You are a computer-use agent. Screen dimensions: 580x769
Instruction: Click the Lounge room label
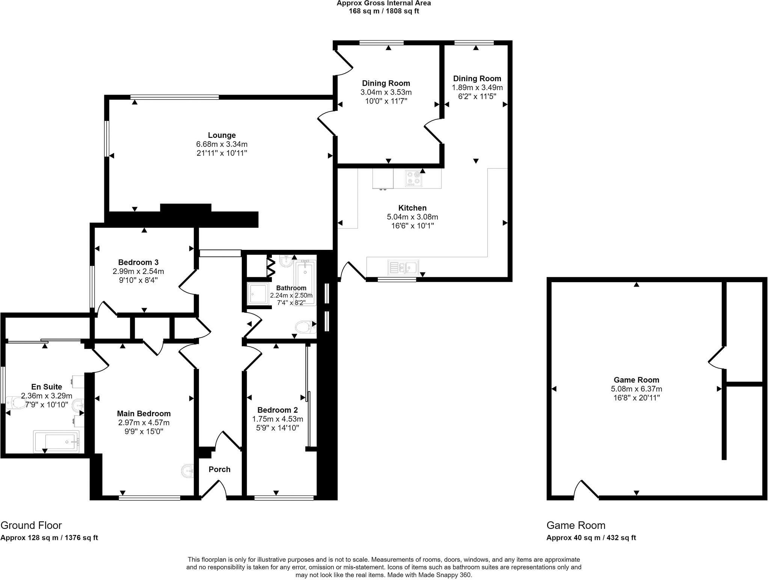coord(222,135)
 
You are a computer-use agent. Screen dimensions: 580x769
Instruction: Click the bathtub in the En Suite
coord(56,441)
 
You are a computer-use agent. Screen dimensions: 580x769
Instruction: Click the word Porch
coord(219,469)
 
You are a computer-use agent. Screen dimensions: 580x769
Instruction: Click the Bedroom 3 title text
coord(138,262)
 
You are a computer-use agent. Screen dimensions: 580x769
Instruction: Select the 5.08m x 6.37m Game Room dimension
coord(636,389)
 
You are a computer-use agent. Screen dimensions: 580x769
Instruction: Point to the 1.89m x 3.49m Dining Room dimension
coord(477,88)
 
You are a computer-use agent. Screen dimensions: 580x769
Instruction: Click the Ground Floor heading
coord(31,525)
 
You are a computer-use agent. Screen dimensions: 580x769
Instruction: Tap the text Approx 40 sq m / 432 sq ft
coord(591,538)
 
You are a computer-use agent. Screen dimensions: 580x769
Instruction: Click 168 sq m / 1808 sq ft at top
coord(384,11)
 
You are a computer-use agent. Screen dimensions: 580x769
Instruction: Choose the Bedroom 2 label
coord(277,410)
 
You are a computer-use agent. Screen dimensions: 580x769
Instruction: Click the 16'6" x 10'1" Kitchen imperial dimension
coord(412,226)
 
